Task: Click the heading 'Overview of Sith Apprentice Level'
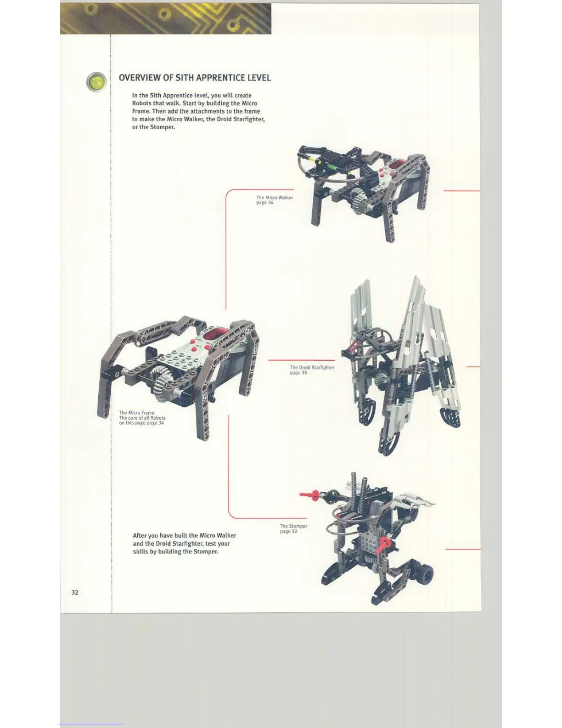(x=195, y=78)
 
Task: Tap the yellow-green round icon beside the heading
(x=96, y=82)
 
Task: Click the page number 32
(x=75, y=592)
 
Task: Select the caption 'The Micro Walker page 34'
(x=274, y=200)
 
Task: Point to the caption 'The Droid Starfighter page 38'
(x=312, y=370)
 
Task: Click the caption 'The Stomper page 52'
(x=293, y=529)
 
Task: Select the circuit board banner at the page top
(x=165, y=19)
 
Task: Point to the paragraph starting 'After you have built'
(x=184, y=543)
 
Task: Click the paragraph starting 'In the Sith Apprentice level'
(x=198, y=111)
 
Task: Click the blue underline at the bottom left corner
(x=91, y=724)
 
